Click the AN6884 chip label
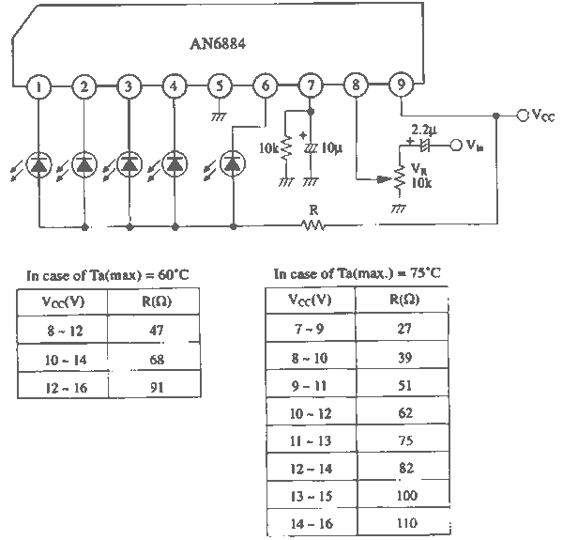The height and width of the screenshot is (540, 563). pyautogui.click(x=218, y=44)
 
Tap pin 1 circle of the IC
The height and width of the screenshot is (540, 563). pyautogui.click(x=38, y=86)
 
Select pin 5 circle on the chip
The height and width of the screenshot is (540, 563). pyautogui.click(x=220, y=86)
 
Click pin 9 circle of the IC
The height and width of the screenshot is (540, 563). pyautogui.click(x=401, y=85)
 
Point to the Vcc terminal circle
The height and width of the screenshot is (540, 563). pyautogui.click(x=523, y=116)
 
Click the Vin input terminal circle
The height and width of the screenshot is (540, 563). pyautogui.click(x=456, y=146)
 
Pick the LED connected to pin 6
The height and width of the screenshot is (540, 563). pyautogui.click(x=233, y=164)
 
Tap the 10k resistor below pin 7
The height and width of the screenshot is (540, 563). pyautogui.click(x=286, y=147)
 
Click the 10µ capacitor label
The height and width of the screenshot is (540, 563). pyautogui.click(x=331, y=147)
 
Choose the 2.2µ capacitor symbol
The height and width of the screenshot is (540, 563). pyautogui.click(x=425, y=145)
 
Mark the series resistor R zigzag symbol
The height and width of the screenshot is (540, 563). pyautogui.click(x=313, y=225)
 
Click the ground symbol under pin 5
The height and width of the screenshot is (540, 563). pyautogui.click(x=219, y=116)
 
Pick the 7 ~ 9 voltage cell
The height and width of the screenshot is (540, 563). pyautogui.click(x=311, y=327)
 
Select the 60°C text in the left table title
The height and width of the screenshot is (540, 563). pyautogui.click(x=174, y=275)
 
